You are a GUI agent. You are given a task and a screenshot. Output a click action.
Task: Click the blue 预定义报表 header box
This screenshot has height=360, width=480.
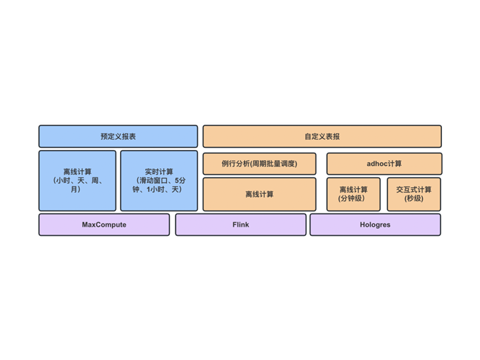[x=118, y=136]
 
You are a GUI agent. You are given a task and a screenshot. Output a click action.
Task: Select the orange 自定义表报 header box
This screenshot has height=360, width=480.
[x=322, y=136]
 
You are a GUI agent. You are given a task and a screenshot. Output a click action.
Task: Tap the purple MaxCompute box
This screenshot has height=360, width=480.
[x=104, y=225]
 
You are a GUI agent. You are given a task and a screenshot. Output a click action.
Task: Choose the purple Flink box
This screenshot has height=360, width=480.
[x=241, y=225]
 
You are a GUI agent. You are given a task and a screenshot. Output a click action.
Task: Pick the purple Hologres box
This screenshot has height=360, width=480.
[x=375, y=225]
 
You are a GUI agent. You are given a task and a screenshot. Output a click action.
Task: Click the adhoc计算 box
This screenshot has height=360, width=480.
[x=384, y=164]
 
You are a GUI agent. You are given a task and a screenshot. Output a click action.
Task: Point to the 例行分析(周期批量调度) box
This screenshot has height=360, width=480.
[x=259, y=164]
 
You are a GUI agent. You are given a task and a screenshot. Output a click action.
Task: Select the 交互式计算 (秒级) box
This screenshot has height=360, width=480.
[x=414, y=194]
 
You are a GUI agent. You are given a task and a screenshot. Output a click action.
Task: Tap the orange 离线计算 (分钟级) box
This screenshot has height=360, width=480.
[x=353, y=194]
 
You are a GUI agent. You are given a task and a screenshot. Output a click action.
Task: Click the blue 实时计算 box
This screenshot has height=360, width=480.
[x=159, y=181]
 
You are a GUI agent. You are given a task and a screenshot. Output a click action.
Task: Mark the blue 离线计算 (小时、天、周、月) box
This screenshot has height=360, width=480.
[x=77, y=181]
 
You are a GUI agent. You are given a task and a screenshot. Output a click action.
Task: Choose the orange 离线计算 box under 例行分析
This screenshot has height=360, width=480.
[x=259, y=194]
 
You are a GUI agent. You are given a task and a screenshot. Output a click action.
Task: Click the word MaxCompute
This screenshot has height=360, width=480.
[x=104, y=225]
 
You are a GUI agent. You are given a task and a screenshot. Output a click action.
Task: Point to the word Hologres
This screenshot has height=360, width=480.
[x=375, y=225]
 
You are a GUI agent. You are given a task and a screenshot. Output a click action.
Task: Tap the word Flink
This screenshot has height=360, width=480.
[x=241, y=225]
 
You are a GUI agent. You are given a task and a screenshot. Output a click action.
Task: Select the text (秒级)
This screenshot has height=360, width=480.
[x=414, y=199]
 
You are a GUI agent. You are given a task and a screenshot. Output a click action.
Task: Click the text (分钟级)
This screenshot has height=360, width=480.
[x=351, y=199]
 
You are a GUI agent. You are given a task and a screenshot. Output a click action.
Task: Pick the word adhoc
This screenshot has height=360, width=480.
[x=377, y=164]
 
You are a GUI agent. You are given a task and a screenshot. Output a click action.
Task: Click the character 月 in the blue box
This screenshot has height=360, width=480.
[x=75, y=189]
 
